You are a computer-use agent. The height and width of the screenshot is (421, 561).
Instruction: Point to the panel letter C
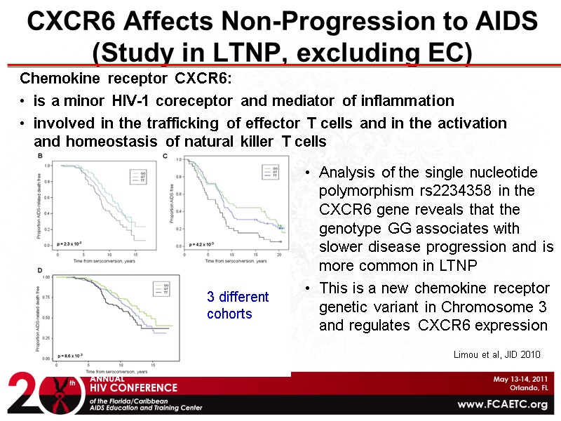[165, 155]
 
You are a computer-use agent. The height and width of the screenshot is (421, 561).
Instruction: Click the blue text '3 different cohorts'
[238, 306]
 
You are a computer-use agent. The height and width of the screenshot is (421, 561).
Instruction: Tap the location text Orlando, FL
[525, 388]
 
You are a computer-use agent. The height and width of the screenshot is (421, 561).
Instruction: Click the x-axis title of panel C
[224, 261]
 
